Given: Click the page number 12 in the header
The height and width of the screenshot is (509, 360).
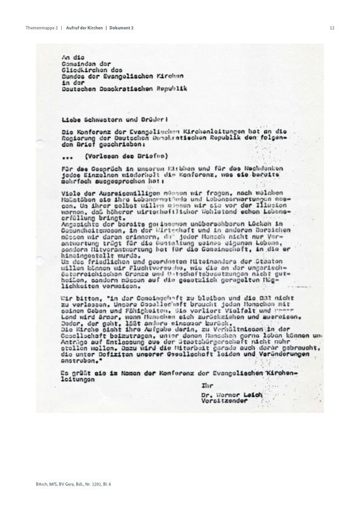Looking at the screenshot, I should point(332,28).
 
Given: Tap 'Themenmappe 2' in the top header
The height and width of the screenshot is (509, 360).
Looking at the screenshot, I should point(42,28).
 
